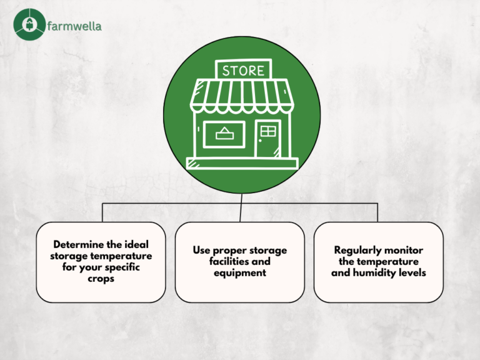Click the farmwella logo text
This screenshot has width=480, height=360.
click(x=75, y=26)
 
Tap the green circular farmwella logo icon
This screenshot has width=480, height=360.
click(x=29, y=24)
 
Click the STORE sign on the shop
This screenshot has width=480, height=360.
click(x=243, y=69)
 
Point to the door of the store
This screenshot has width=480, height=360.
click(x=268, y=139)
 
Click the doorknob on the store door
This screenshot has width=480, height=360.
click(x=260, y=141)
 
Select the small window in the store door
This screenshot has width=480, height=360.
click(x=268, y=131)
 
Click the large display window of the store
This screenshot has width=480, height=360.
click(x=224, y=134)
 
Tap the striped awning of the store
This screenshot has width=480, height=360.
click(x=242, y=96)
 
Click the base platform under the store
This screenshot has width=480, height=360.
click(x=242, y=164)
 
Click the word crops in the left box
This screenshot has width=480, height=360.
click(x=101, y=279)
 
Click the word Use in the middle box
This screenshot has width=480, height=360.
click(x=201, y=250)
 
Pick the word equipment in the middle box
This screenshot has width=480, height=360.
click(x=240, y=273)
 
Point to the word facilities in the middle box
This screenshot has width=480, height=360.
click(x=225, y=261)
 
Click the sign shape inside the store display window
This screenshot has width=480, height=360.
click(x=224, y=134)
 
